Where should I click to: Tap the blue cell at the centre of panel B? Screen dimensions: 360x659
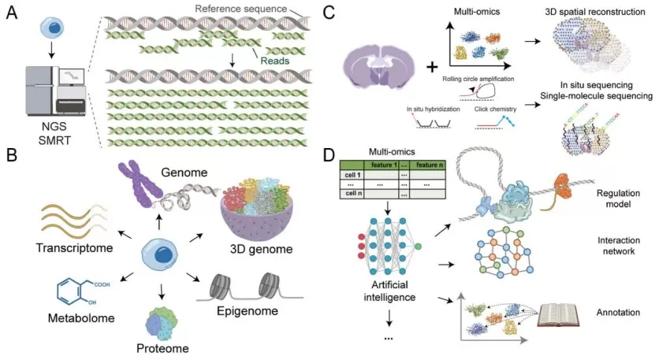coord(160,259)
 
